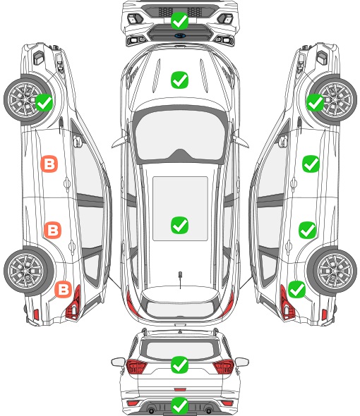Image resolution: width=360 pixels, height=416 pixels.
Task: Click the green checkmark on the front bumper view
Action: [x=179, y=20]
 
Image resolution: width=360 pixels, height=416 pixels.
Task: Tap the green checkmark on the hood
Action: [x=179, y=80]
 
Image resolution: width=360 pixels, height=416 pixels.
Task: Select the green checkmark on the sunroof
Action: [x=179, y=225]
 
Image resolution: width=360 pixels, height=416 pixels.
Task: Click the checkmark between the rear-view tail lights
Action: [x=179, y=365]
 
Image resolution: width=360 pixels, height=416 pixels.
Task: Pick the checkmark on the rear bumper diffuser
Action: [x=179, y=405]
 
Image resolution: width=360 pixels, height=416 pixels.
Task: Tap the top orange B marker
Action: [x=49, y=164]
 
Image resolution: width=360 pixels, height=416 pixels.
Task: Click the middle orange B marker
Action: [x=53, y=230]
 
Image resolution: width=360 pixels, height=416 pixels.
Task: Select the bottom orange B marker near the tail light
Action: [x=64, y=289]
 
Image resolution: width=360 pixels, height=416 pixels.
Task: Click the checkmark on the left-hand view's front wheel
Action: [x=44, y=102]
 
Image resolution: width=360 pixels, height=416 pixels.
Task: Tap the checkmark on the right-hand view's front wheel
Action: [x=316, y=102]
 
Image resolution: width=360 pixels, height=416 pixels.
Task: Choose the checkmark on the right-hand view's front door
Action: [x=311, y=164]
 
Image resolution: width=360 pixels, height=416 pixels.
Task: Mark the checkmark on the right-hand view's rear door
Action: [x=307, y=230]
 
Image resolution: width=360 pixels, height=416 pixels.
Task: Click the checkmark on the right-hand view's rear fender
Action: [x=296, y=289]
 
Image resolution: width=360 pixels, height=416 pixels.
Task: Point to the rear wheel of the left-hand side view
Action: [x=27, y=271]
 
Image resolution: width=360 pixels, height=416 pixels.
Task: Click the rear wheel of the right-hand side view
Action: [x=332, y=271]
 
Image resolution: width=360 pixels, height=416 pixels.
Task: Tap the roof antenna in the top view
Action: [x=180, y=279]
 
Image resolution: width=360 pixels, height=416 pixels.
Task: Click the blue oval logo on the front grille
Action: [x=180, y=35]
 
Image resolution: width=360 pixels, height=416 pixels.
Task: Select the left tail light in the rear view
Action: [x=136, y=366]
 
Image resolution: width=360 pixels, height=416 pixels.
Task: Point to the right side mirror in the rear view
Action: [x=241, y=362]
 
